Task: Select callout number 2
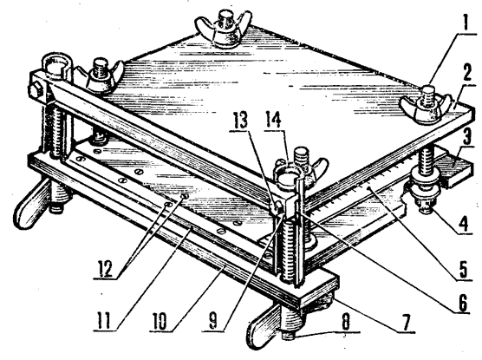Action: (466, 73)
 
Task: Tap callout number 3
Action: (467, 137)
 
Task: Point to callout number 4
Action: (464, 222)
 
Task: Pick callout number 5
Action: (463, 269)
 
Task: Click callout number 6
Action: (462, 302)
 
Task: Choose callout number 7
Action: (406, 322)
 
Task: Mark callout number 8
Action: (347, 322)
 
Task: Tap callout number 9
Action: (213, 321)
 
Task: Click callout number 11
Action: (104, 320)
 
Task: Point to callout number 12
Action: (106, 268)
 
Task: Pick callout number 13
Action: (240, 121)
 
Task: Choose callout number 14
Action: (273, 120)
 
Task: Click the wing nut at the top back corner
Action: (224, 28)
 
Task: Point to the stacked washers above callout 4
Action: (424, 187)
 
